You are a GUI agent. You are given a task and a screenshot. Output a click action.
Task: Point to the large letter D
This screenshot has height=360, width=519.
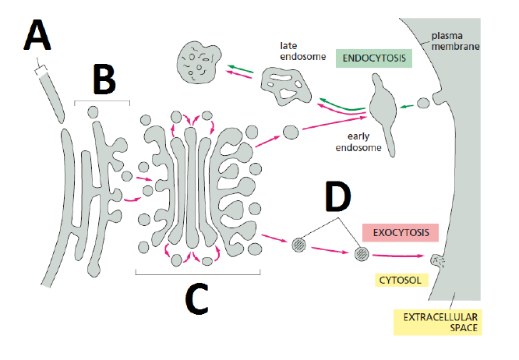[337, 198]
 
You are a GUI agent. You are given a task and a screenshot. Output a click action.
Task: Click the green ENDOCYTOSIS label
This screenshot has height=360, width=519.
[372, 58]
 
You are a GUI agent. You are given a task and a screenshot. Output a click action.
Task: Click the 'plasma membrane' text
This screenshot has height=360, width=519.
[457, 41]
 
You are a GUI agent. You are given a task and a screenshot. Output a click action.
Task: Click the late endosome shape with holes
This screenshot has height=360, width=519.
[285, 84]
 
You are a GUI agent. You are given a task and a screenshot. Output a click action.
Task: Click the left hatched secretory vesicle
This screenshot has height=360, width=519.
[298, 244]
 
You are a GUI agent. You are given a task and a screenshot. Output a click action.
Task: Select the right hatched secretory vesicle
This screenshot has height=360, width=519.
[362, 254]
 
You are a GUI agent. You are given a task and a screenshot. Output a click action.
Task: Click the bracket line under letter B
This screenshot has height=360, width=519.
[102, 101]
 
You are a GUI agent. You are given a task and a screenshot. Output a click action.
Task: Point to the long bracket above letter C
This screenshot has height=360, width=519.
[197, 274]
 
